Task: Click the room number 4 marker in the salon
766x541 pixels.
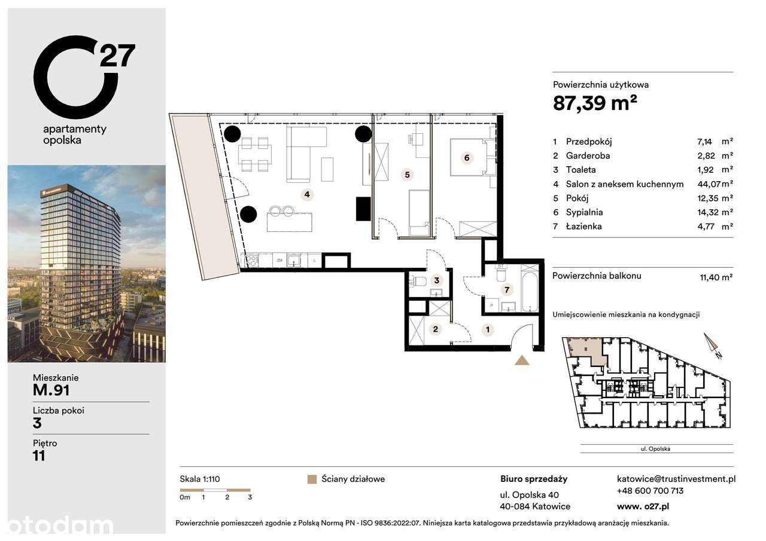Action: click(306, 194)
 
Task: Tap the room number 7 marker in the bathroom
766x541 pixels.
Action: click(507, 291)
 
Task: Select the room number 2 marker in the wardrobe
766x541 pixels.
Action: click(436, 329)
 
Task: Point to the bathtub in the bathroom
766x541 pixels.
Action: click(530, 288)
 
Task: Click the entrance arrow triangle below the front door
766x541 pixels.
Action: click(522, 360)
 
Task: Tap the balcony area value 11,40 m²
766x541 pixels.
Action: click(716, 277)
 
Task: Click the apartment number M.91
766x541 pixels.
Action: click(51, 390)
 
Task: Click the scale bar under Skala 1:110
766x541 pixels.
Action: click(215, 490)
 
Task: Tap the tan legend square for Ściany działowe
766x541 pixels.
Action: click(311, 479)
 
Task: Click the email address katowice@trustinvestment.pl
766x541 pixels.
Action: click(676, 478)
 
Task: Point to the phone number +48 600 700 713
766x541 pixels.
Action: click(650, 491)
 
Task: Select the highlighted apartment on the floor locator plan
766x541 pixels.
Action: click(587, 350)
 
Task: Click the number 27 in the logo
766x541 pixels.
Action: click(117, 56)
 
